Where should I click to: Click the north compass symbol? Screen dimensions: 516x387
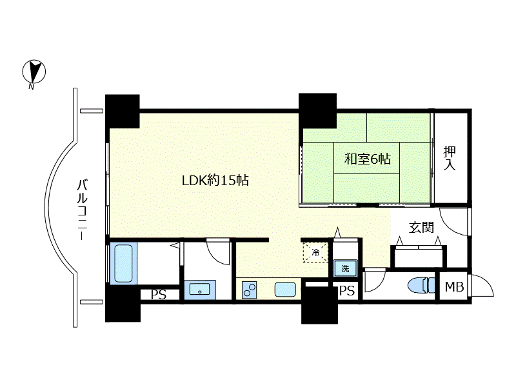(34, 72)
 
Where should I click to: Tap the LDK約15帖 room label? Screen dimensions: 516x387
(215, 181)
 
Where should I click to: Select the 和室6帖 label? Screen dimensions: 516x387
(367, 159)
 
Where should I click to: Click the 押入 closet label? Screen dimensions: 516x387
(450, 158)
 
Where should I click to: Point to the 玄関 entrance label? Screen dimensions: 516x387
(421, 228)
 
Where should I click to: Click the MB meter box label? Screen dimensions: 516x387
(455, 286)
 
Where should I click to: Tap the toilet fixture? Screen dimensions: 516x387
(421, 285)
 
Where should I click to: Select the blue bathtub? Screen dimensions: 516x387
(123, 264)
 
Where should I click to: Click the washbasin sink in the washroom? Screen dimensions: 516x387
(199, 290)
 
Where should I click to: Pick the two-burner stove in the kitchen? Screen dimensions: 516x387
(249, 290)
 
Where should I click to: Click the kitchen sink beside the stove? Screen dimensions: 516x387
(285, 290)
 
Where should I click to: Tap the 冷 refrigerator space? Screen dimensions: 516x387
(315, 253)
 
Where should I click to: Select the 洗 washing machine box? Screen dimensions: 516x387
(345, 268)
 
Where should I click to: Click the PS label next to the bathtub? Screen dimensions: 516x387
(159, 295)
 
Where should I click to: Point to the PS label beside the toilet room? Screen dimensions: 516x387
(347, 291)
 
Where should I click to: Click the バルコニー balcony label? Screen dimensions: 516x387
(83, 210)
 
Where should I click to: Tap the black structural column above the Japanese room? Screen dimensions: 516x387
(317, 111)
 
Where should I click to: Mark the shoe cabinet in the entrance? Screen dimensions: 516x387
(419, 256)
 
